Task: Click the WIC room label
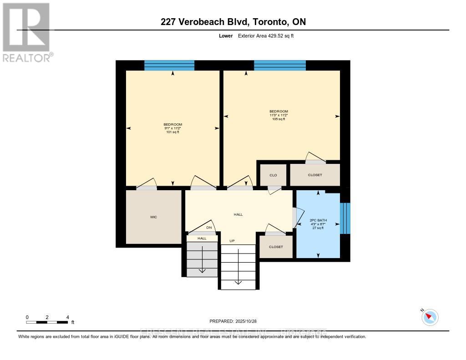click(x=154, y=217)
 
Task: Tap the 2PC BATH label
click(x=318, y=220)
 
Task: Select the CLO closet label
click(x=273, y=175)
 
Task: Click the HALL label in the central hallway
click(x=238, y=214)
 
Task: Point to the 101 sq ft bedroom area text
click(x=173, y=132)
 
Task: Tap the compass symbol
click(x=430, y=317)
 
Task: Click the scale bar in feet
click(x=47, y=322)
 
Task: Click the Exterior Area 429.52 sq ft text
click(x=266, y=35)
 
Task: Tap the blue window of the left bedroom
click(x=169, y=66)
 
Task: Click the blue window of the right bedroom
click(x=279, y=66)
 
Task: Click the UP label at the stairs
click(x=232, y=241)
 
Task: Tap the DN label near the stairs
click(x=209, y=228)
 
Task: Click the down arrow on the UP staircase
click(x=238, y=280)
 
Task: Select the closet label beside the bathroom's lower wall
click(x=276, y=247)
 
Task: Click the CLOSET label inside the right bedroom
click(x=315, y=175)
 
